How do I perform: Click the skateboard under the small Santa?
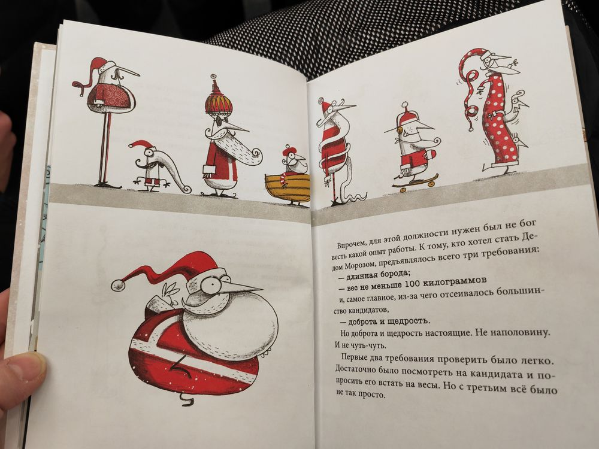[x=415, y=181]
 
